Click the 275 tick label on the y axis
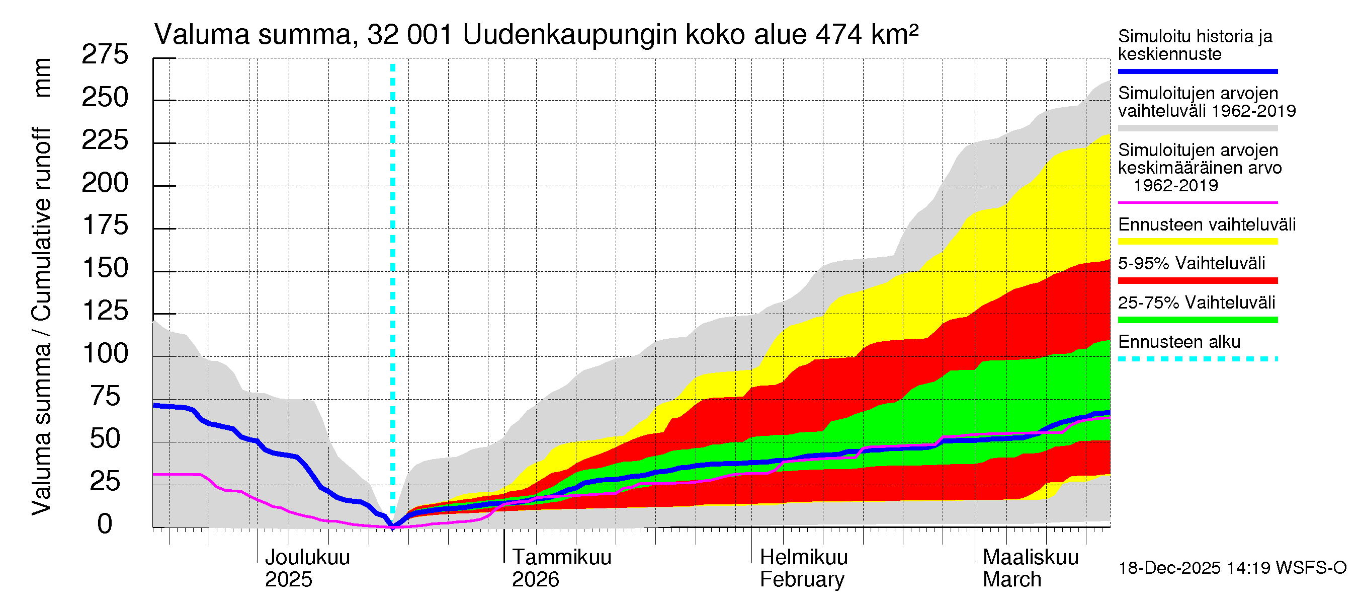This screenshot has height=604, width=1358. (105, 54)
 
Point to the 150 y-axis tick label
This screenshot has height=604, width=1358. (106, 268)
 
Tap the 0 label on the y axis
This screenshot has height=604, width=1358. (105, 524)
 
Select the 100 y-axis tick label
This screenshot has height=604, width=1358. (106, 353)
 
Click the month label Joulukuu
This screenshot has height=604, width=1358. (307, 557)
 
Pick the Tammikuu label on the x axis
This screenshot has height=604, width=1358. (561, 557)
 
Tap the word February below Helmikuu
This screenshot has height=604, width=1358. (801, 580)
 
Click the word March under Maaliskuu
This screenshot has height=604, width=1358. (1011, 580)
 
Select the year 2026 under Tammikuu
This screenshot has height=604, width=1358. (535, 580)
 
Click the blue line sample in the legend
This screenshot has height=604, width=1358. (1197, 71)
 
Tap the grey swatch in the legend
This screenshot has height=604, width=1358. (1197, 128)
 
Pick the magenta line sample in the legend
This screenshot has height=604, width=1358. (1197, 202)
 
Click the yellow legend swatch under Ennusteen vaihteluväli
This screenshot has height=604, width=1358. (1197, 242)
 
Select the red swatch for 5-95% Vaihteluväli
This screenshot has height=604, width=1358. (1197, 281)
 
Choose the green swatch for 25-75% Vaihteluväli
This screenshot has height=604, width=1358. (1197, 320)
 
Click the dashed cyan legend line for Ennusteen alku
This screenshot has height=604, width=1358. (1197, 359)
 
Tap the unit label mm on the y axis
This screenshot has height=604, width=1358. (42, 78)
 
